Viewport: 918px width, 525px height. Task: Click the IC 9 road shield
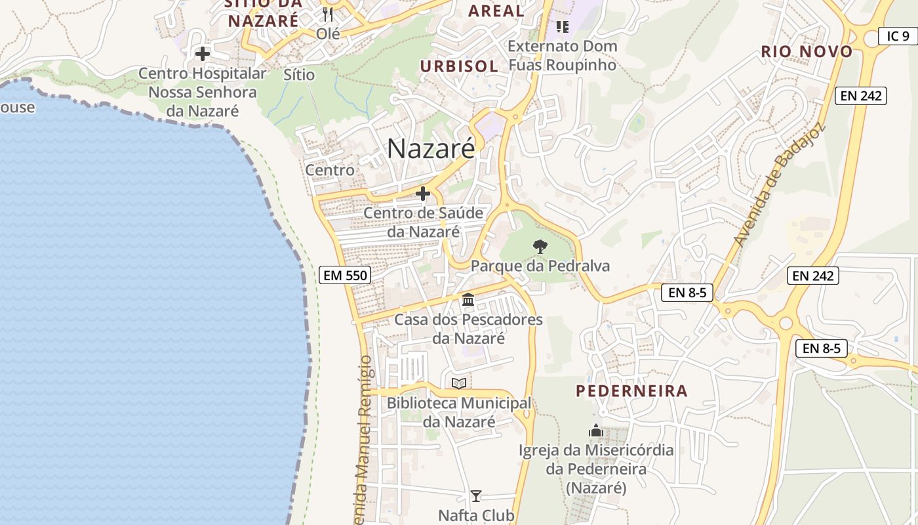tap(898, 36)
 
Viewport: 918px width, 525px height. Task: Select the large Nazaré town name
tap(430, 149)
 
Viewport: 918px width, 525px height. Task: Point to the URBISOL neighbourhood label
tap(459, 66)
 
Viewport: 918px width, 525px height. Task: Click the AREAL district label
tap(496, 10)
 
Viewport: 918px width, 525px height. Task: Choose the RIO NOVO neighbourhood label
tap(807, 52)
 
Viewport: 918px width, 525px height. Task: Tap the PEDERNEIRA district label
tap(632, 391)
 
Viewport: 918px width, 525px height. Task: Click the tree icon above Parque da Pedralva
tap(540, 247)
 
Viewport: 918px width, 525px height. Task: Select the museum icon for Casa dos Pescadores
tap(468, 300)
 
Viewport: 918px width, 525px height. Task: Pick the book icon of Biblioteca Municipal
tap(459, 383)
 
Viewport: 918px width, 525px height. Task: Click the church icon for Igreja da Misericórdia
tap(596, 430)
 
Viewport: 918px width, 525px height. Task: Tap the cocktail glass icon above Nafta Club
tap(476, 496)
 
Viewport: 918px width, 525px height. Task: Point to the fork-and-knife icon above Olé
tap(328, 14)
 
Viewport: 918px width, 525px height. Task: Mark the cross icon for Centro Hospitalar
tap(203, 54)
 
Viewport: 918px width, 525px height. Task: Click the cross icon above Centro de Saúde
tap(423, 194)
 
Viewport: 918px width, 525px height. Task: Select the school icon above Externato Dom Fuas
tap(562, 26)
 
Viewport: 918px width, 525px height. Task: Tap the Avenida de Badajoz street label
tap(778, 185)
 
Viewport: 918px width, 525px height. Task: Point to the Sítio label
tap(299, 75)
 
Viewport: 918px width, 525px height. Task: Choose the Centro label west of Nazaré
tap(330, 170)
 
